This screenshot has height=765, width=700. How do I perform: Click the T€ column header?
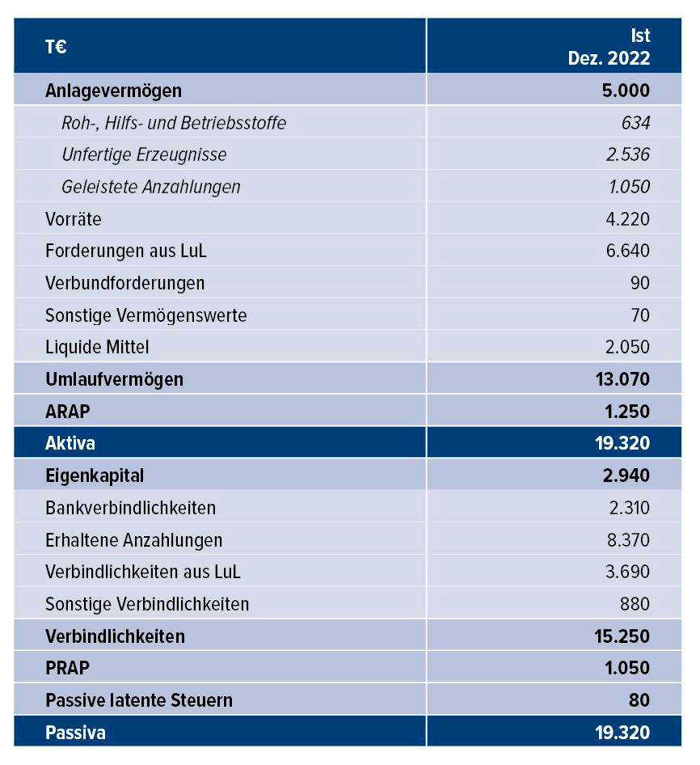pyautogui.click(x=56, y=47)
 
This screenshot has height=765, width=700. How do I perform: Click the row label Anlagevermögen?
pyautogui.click(x=113, y=90)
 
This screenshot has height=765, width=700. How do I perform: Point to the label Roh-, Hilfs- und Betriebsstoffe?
pyautogui.click(x=174, y=123)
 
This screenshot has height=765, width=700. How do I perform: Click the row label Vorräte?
pyautogui.click(x=74, y=219)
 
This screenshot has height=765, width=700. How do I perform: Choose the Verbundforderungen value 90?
pyautogui.click(x=639, y=283)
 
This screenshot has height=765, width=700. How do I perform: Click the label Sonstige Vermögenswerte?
pyautogui.click(x=146, y=315)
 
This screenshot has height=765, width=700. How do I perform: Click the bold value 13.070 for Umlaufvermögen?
pyautogui.click(x=621, y=379)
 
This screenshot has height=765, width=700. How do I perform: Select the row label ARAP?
pyautogui.click(x=68, y=412)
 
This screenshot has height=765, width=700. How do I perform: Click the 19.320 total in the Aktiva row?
pyautogui.click(x=621, y=443)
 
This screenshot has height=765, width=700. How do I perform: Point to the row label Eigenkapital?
pyautogui.click(x=95, y=475)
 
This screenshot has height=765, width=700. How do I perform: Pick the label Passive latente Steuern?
pyautogui.click(x=139, y=700)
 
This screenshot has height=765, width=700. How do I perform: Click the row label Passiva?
pyautogui.click(x=75, y=733)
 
